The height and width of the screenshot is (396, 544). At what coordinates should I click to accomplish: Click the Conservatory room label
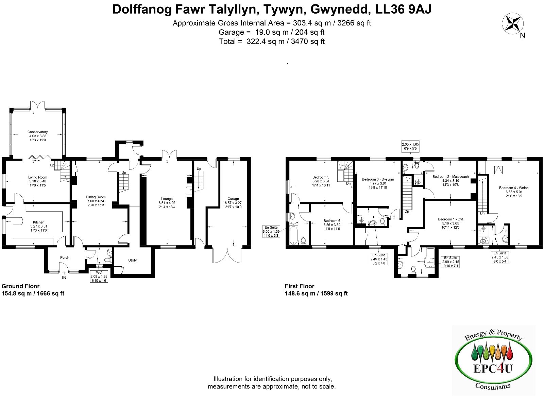click(x=37, y=132)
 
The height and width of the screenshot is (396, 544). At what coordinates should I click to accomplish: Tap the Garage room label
click(x=233, y=199)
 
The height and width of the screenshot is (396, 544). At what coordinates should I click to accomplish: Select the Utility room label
click(x=132, y=260)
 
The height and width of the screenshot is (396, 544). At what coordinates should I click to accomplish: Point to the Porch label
click(x=65, y=258)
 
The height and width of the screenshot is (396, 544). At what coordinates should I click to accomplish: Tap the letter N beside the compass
click(x=522, y=36)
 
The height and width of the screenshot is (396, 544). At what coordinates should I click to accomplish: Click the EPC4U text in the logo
click(x=493, y=368)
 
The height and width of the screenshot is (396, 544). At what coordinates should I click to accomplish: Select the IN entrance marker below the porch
click(x=64, y=277)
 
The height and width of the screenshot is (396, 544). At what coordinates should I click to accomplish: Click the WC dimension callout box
click(x=99, y=276)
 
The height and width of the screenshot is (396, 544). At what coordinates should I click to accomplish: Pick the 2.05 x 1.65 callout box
click(x=410, y=146)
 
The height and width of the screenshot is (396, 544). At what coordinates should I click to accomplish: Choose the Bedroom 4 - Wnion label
click(x=514, y=188)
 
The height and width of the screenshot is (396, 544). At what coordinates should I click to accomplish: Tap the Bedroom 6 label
click(x=332, y=221)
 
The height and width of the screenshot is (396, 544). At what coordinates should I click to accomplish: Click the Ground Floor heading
click(x=20, y=286)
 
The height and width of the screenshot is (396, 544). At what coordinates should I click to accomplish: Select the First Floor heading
click(x=300, y=286)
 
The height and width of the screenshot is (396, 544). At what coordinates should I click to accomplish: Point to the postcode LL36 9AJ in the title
click(x=403, y=10)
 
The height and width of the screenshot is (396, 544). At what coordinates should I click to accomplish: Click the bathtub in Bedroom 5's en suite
click(x=294, y=235)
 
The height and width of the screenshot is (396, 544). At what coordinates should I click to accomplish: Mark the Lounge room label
click(x=167, y=199)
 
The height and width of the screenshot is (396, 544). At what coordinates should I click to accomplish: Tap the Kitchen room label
click(x=39, y=222)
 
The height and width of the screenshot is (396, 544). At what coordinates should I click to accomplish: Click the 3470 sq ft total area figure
click(x=308, y=41)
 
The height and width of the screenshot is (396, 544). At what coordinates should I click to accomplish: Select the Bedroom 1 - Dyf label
click(x=451, y=219)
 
